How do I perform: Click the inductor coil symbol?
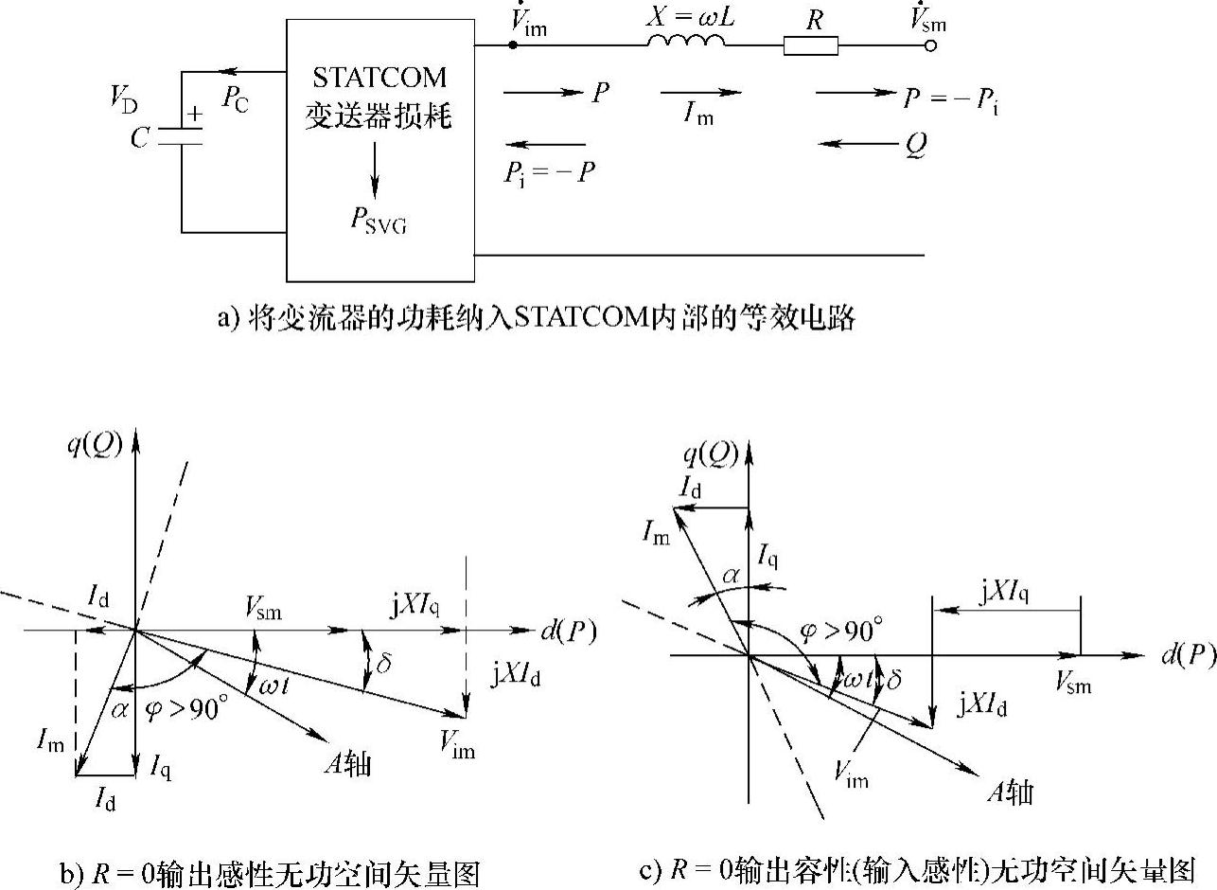(687, 42)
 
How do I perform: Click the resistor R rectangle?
(810, 45)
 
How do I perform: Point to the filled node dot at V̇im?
(512, 45)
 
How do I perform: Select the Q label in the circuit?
(915, 145)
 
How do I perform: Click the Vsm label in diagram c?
(1073, 681)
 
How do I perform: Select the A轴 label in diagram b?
(345, 763)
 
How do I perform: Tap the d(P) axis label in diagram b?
(568, 632)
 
